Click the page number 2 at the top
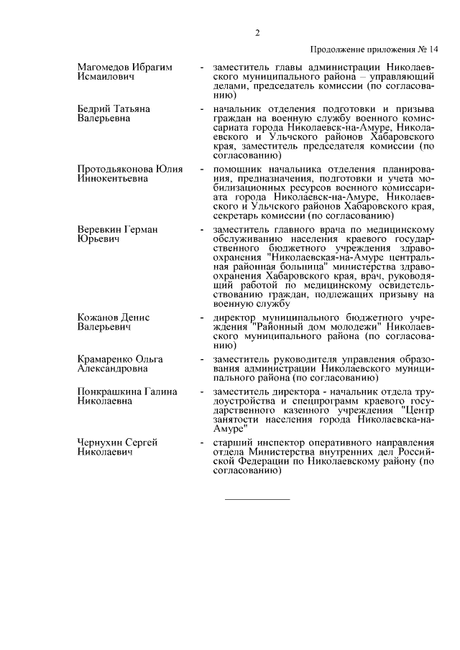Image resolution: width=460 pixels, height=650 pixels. pyautogui.click(x=257, y=32)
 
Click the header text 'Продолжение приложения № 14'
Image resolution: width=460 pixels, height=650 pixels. pyautogui.click(x=374, y=50)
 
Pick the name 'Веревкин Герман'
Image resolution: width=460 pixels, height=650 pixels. pyautogui.click(x=117, y=230)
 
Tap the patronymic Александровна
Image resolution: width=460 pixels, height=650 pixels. pyautogui.click(x=113, y=368)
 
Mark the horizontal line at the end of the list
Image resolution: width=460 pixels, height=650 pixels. pyautogui.click(x=257, y=498)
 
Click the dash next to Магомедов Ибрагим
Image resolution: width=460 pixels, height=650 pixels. pyautogui.click(x=202, y=68)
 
